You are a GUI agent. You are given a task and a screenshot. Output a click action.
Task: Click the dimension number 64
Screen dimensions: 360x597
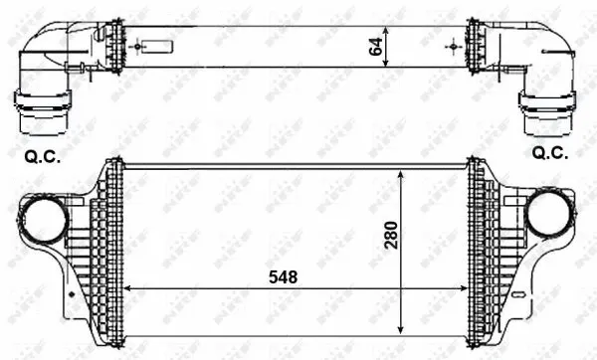(376, 46)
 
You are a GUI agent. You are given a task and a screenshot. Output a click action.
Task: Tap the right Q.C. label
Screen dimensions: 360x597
(550, 153)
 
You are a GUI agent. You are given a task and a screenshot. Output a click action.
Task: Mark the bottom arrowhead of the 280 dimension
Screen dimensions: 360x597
(401, 327)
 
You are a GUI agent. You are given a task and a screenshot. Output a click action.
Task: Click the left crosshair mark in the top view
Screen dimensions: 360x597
(133, 45)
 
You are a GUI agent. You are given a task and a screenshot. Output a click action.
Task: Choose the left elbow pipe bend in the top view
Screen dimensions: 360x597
(45, 55)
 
